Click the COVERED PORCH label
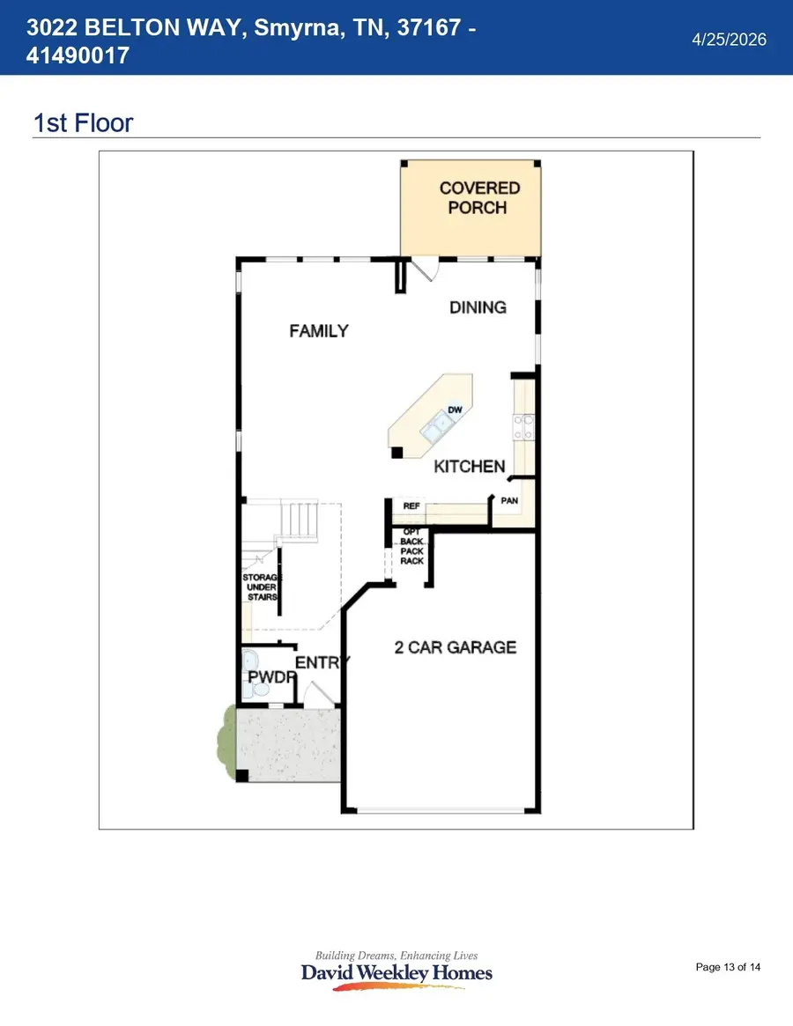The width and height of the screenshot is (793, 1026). pos(478,197)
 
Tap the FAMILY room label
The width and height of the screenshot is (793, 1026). pos(319,331)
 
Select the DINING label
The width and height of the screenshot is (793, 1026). pos(478,307)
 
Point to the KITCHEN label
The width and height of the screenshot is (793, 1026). pos(470,467)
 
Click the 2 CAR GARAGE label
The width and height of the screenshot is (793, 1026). pos(456,647)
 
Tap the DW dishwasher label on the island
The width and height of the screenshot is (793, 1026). pos(456,410)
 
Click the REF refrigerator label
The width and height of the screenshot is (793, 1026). pos(411,506)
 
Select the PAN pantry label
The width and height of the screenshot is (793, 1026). pos(509,500)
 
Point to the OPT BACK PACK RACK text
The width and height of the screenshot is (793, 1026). pos(411,546)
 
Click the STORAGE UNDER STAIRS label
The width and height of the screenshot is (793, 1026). pos(262,587)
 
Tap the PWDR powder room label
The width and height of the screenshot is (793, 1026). pos(271,677)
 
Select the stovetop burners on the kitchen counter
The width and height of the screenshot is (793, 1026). pos(524,426)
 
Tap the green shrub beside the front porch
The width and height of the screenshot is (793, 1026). pos(226,742)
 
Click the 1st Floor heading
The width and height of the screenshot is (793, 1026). pos(83,123)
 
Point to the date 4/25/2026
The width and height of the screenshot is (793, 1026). pos(730,40)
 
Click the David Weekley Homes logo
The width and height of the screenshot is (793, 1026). pos(396,971)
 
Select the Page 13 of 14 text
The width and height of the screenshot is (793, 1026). pos(728,967)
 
